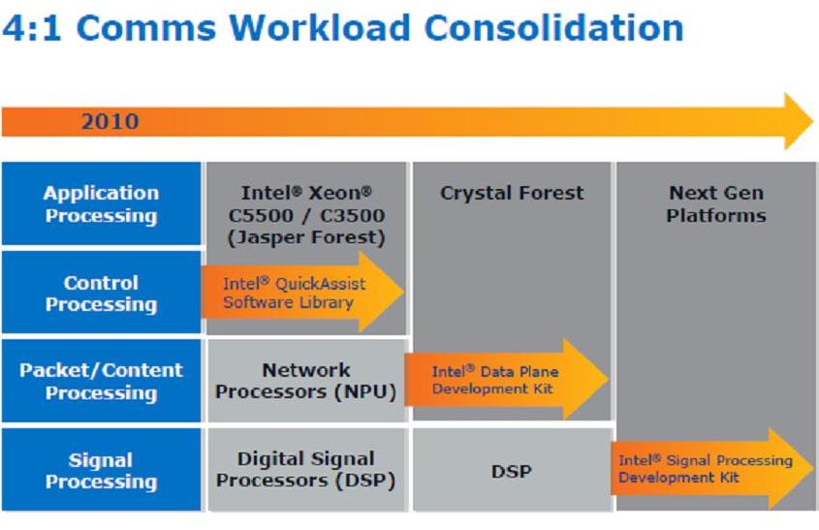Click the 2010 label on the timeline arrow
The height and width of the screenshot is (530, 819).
click(110, 121)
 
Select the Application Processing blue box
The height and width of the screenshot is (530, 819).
click(102, 203)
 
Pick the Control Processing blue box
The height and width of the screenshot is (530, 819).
click(102, 292)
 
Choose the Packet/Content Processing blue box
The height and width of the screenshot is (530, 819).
click(102, 381)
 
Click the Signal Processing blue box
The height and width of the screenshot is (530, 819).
click(102, 469)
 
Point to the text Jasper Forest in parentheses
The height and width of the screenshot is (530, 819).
click(306, 237)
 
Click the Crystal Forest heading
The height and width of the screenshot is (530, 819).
click(512, 193)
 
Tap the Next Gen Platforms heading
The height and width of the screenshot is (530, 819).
click(716, 203)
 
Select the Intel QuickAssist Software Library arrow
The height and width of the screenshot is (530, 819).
click(302, 292)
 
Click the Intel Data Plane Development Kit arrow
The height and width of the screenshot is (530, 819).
click(506, 379)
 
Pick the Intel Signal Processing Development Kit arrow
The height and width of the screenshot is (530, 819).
click(712, 468)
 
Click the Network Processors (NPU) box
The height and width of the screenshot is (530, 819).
click(306, 381)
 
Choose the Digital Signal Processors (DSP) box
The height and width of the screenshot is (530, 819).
click(306, 469)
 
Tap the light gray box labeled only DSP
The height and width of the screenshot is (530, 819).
click(512, 469)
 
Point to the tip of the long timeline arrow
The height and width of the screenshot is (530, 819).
click(813, 121)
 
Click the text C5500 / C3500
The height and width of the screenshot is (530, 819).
click(306, 215)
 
